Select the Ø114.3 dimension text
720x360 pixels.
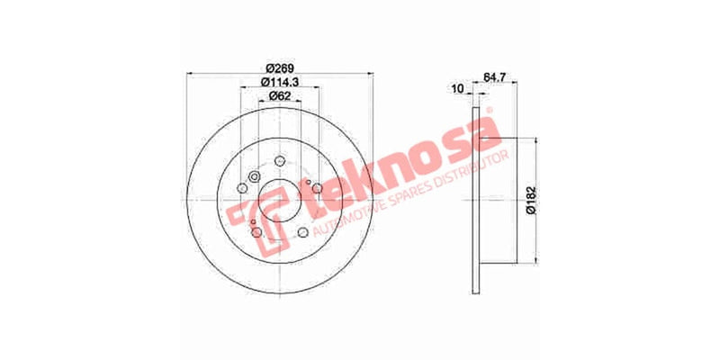tap(279, 83)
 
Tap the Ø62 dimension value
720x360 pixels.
tap(279, 97)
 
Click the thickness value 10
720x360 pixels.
tap(457, 88)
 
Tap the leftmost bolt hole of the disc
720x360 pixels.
tap(242, 188)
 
